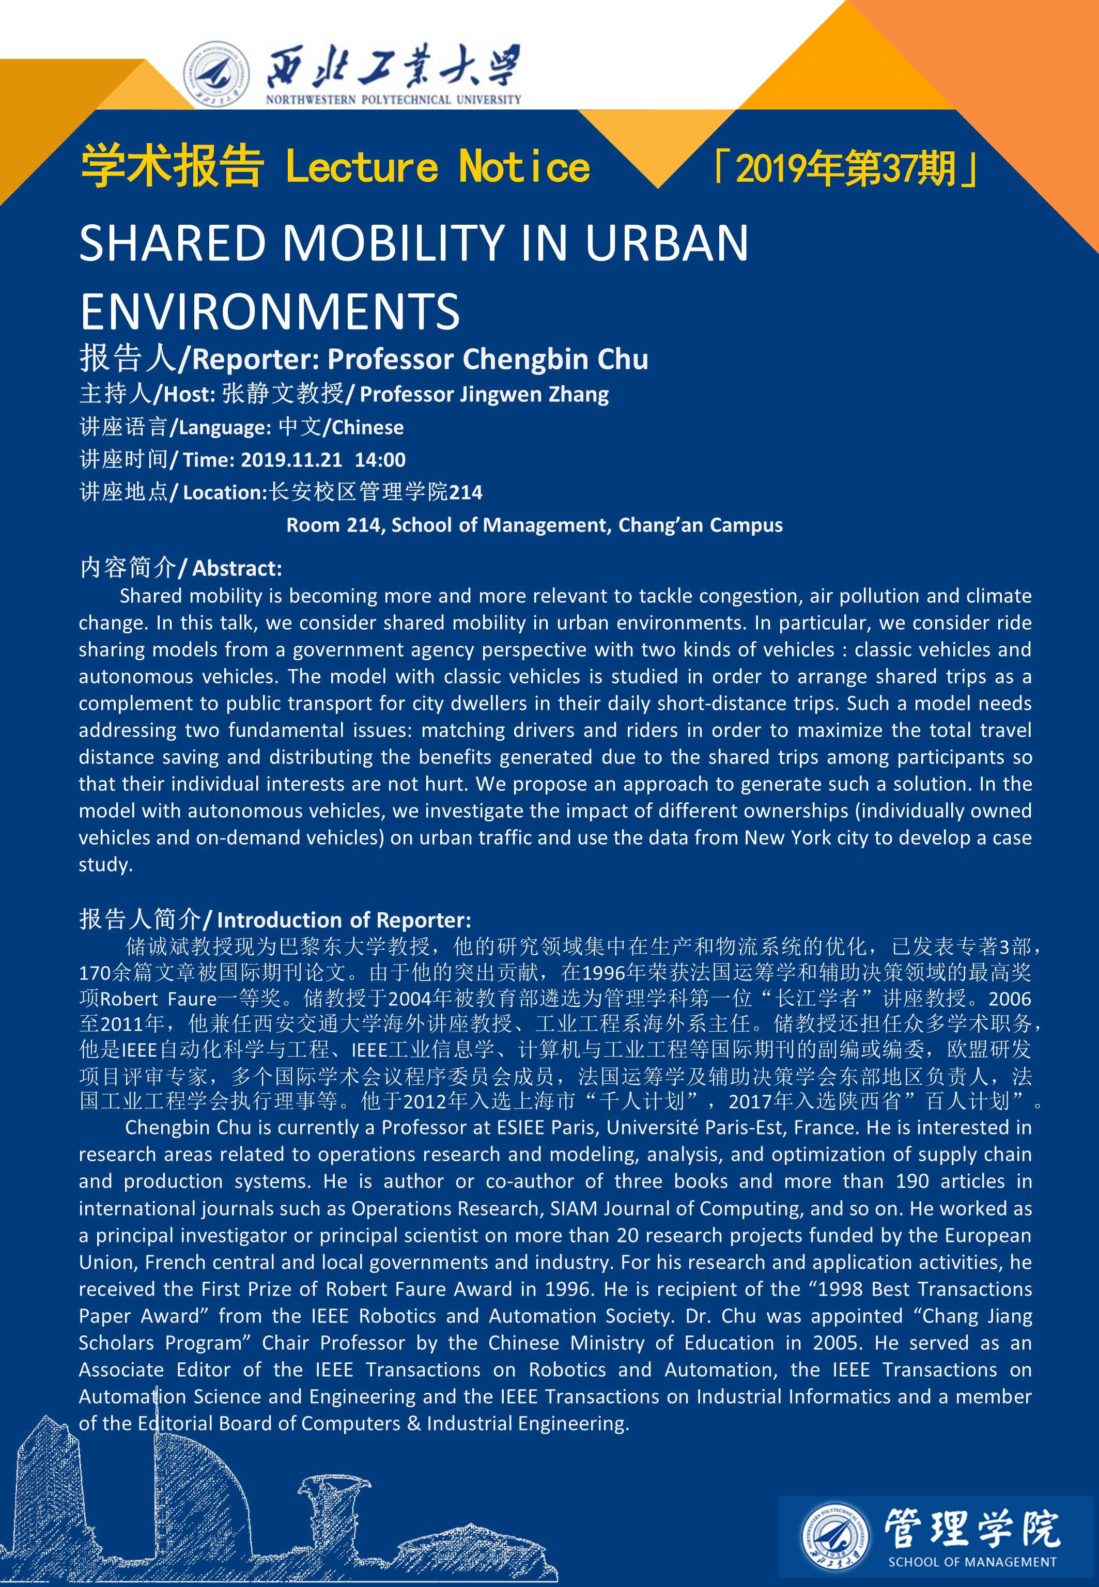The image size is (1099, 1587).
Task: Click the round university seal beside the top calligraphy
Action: [216, 74]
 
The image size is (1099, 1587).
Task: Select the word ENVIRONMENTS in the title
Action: [269, 311]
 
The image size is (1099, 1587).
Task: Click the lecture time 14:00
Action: [380, 460]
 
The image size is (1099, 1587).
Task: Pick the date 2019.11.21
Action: [291, 460]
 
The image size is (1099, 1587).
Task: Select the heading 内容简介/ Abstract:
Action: [180, 568]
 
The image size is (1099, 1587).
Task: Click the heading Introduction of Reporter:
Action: [344, 920]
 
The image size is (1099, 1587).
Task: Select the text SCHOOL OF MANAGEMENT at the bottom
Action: [971, 1562]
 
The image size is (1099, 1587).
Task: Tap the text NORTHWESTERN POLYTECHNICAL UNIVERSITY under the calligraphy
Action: [393, 100]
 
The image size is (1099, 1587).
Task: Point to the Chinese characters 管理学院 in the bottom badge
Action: [971, 1529]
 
